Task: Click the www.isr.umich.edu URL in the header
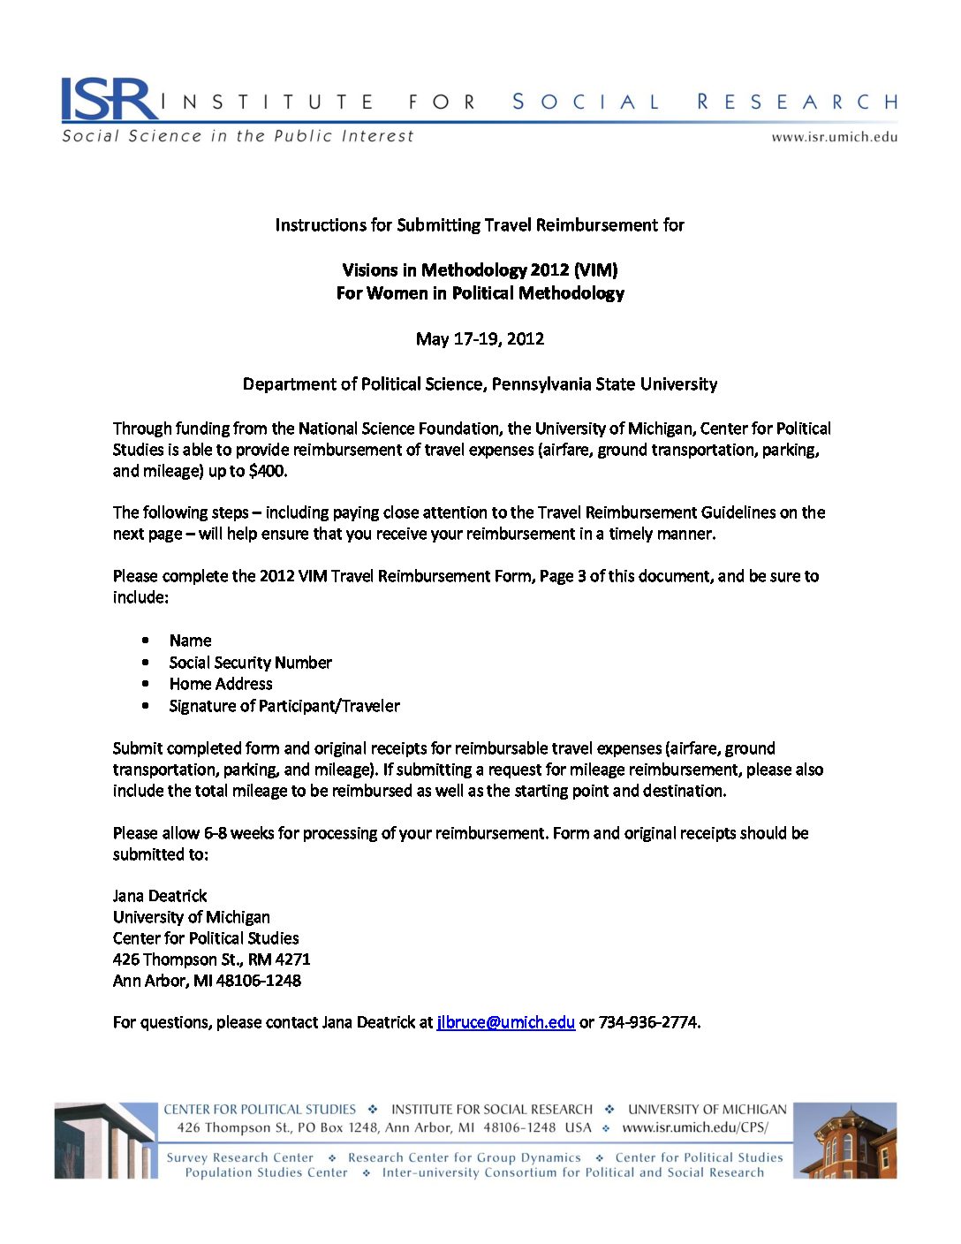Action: click(834, 137)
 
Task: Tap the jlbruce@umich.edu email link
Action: click(505, 1022)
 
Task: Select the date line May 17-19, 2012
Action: click(480, 338)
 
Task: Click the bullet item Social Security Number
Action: click(250, 663)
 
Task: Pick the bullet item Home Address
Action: click(221, 684)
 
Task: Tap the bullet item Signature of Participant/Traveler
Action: click(284, 706)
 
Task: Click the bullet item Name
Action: click(190, 641)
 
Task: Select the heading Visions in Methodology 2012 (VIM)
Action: click(480, 270)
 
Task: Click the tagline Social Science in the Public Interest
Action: click(238, 136)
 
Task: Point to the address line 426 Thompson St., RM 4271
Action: click(211, 960)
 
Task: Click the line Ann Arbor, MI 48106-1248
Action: click(207, 981)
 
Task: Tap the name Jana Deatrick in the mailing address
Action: click(160, 896)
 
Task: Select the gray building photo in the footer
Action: click(105, 1141)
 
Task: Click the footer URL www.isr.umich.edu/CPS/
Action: click(695, 1128)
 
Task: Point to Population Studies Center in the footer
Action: click(266, 1173)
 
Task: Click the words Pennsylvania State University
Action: click(604, 384)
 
